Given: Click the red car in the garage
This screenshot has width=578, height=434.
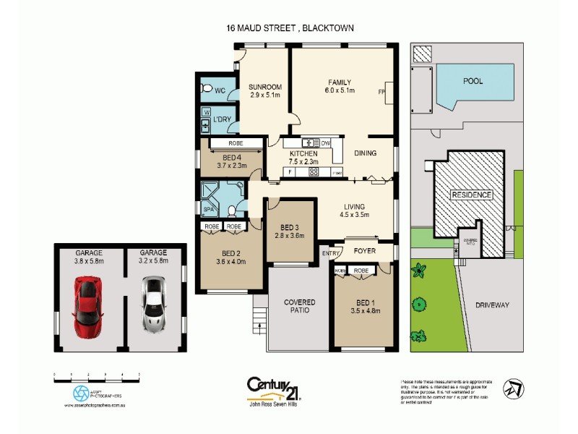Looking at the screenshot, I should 86,303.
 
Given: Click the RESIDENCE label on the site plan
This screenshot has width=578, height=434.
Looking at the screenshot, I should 472,195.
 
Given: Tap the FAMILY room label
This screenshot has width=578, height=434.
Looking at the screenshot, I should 339,82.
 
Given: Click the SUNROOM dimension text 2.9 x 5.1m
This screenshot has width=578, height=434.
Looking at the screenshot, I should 265,95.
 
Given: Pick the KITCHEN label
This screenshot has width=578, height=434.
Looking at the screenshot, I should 303,154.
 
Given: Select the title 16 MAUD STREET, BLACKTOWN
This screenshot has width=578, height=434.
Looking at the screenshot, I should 289,28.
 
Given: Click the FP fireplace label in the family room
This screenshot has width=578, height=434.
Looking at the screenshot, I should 381,93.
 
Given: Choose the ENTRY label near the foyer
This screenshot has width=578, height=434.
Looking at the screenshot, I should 331,253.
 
